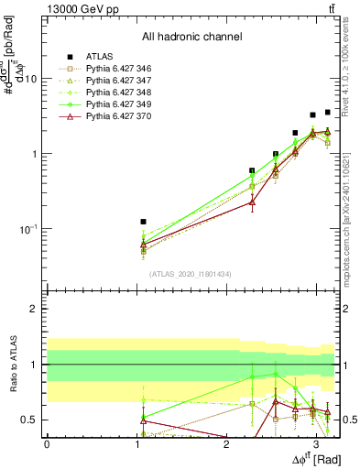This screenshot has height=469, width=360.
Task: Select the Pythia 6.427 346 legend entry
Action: coord(114,68)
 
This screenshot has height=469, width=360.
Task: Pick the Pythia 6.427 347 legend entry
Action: coord(114,80)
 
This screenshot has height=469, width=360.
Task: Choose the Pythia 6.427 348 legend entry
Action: coord(114,92)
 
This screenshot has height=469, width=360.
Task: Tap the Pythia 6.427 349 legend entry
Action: coord(114,104)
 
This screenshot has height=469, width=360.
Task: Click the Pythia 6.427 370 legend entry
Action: coord(114,115)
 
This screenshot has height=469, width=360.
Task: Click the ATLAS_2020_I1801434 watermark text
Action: coord(191,274)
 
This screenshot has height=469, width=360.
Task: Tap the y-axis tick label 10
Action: coord(30,79)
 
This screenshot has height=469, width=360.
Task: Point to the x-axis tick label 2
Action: coord(226,444)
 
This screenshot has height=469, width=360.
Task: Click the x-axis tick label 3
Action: coord(316,444)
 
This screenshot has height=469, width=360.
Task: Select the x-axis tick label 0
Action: coord(47,444)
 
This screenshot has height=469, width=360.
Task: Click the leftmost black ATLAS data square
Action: coord(143,222)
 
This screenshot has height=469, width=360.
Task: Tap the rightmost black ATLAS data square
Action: coord(328,112)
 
